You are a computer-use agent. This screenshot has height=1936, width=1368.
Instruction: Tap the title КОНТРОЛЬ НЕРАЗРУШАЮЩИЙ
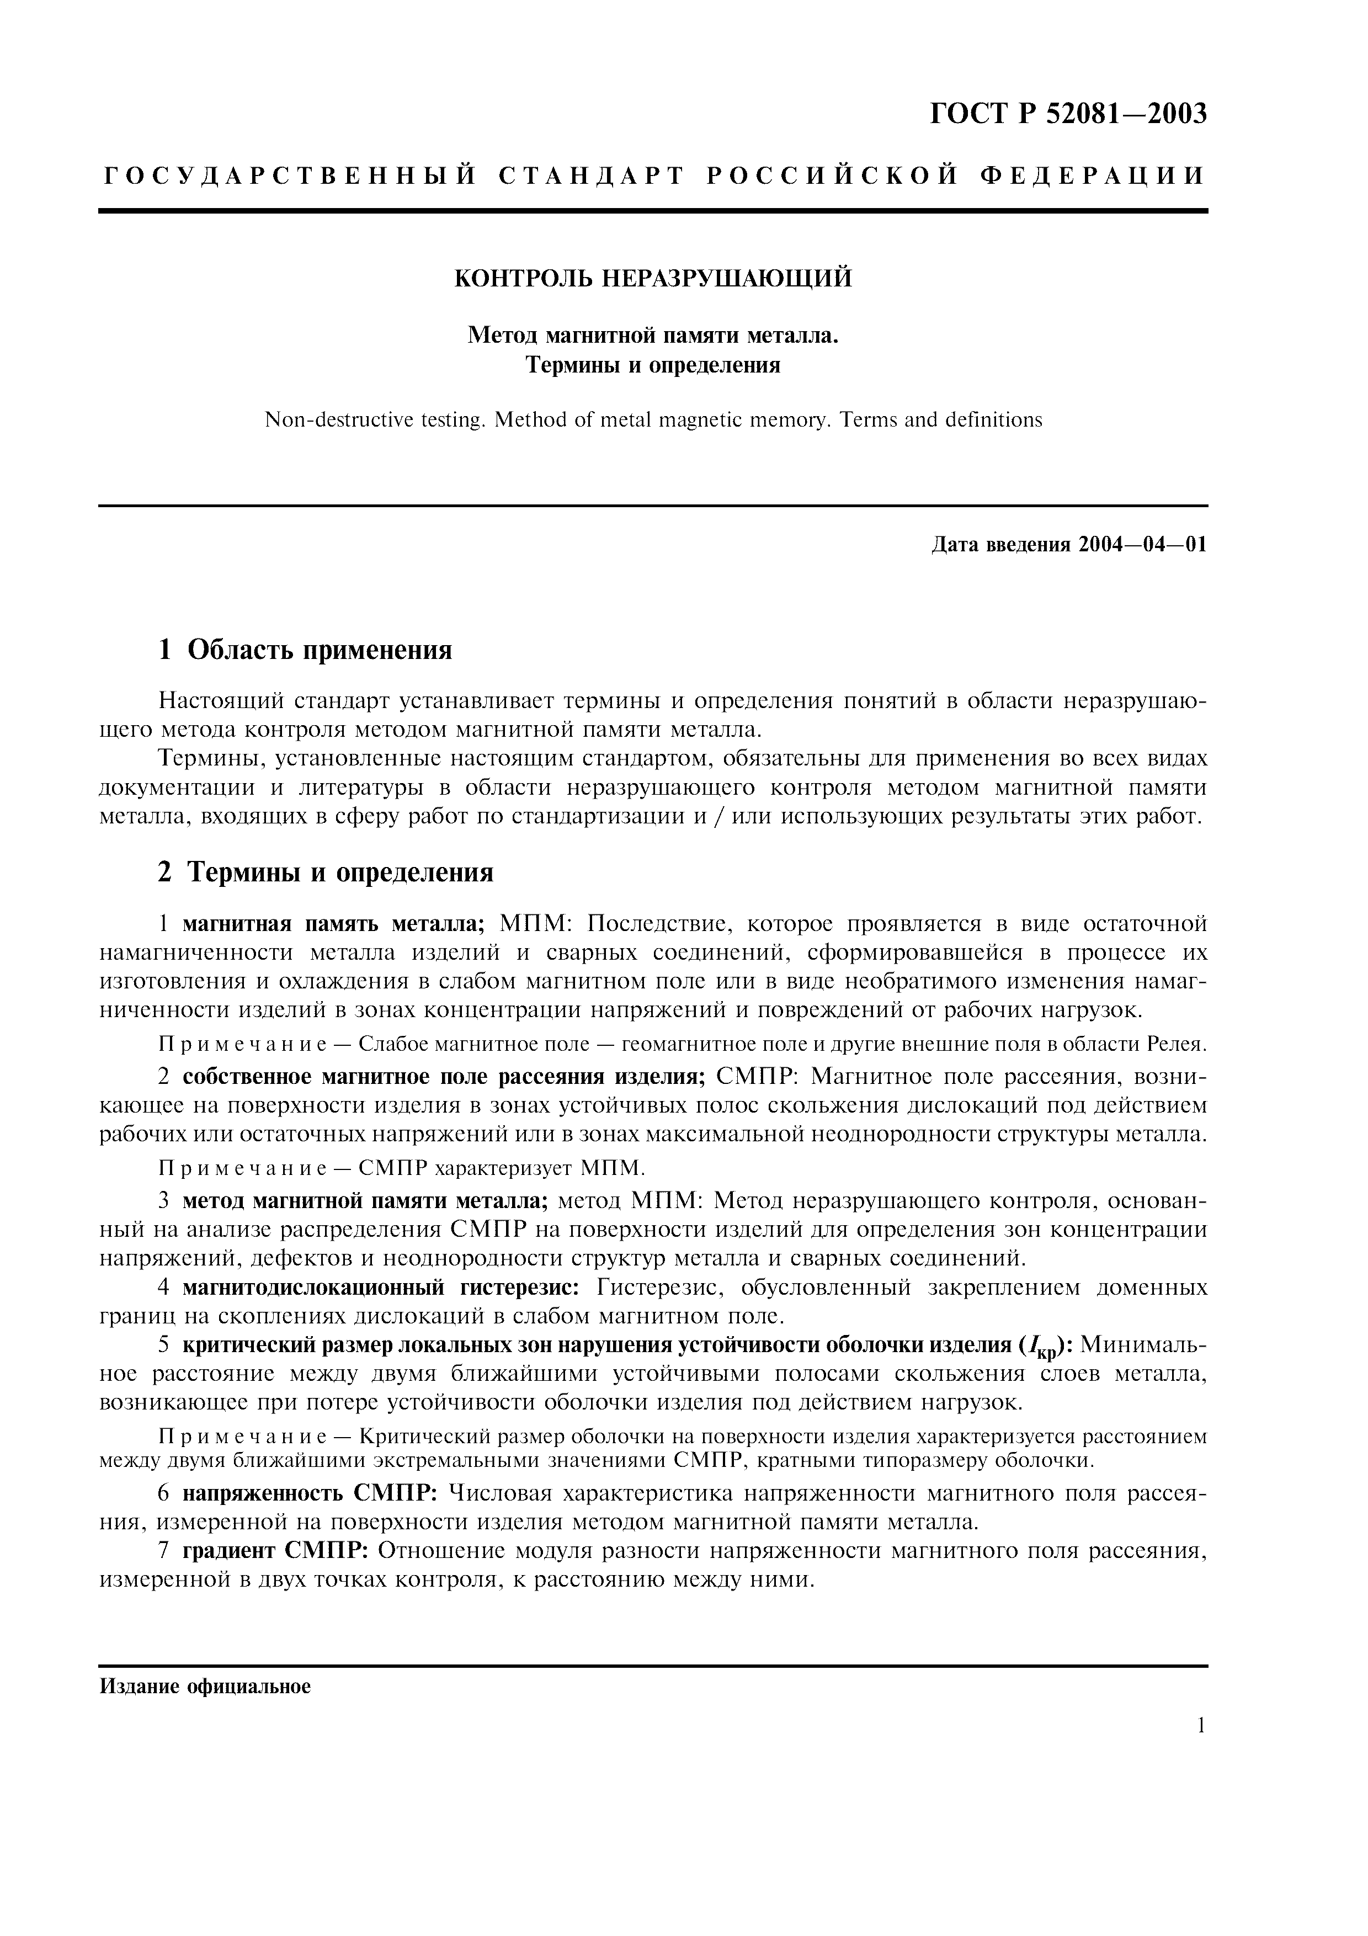[653, 278]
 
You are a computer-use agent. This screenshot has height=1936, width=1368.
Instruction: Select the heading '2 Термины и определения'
[326, 872]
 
